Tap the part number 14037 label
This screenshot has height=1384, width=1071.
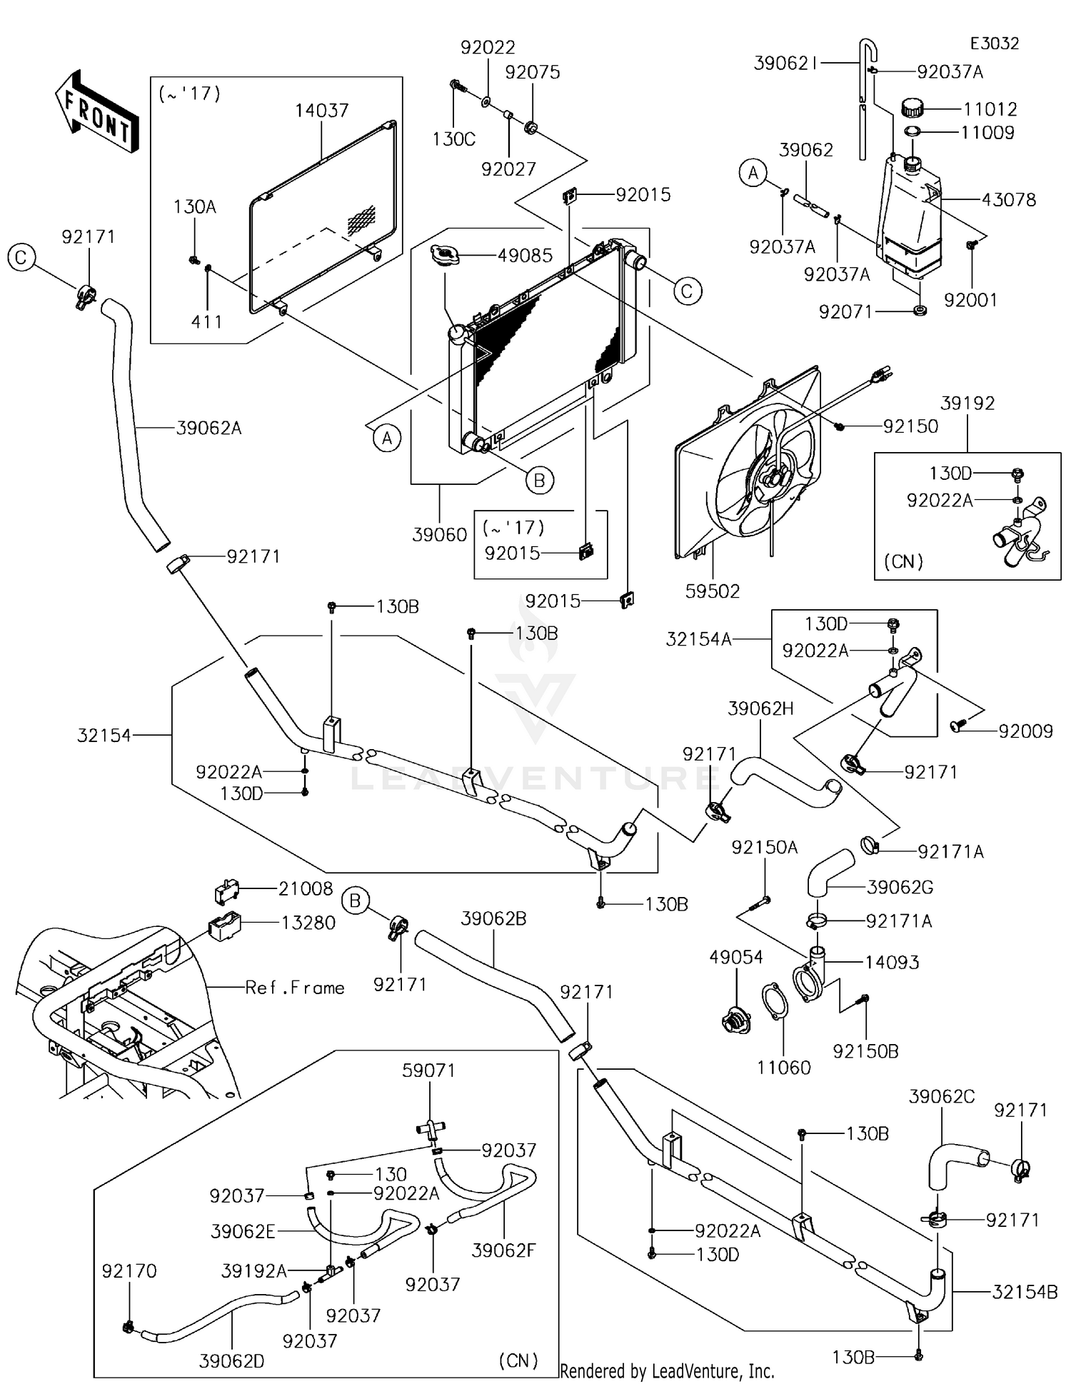(321, 111)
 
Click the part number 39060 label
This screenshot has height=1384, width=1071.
(439, 534)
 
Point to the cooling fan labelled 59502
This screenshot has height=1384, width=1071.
(757, 464)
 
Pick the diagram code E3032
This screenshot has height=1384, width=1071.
(994, 44)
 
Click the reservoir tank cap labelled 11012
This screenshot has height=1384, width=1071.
(912, 109)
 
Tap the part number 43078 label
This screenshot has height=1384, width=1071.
(1008, 200)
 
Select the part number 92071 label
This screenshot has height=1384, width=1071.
(845, 312)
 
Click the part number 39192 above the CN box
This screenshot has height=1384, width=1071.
(967, 403)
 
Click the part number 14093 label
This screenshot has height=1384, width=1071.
(892, 962)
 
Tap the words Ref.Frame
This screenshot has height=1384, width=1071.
(294, 988)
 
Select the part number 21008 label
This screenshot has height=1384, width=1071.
(306, 888)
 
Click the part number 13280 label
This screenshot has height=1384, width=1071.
(308, 923)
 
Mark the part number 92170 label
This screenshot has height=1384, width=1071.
(129, 1270)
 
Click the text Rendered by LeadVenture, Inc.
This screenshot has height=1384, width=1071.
(667, 1371)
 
